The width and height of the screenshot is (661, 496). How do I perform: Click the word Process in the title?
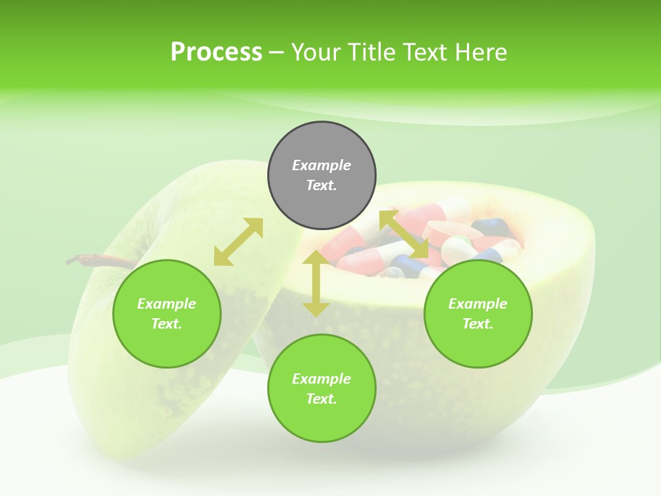[x=216, y=52]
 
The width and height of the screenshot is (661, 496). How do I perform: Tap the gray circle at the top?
[x=322, y=175]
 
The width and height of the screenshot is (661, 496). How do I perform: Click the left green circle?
[x=167, y=313]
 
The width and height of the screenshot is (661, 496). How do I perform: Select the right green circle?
[x=478, y=313]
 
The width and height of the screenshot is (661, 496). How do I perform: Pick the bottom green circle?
[x=322, y=389]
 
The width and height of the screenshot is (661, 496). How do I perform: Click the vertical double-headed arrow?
[x=315, y=284]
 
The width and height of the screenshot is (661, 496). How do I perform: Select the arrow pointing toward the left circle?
[x=238, y=242]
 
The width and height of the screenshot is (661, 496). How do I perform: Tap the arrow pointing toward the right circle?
[x=404, y=235]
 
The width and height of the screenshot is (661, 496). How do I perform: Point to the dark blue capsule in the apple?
[x=490, y=226]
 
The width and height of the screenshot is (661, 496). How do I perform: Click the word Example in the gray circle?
[x=322, y=165]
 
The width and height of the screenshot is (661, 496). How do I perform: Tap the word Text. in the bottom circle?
[x=322, y=399]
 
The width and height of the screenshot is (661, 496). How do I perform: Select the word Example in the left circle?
[x=167, y=304]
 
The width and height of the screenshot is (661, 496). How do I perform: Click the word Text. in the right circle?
[x=478, y=324]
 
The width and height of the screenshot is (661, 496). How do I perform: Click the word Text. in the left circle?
[x=167, y=324]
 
